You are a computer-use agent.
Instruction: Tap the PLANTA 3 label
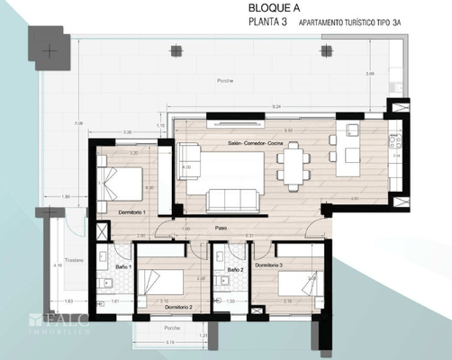[x=268, y=22]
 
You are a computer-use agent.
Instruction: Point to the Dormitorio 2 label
[x=178, y=307]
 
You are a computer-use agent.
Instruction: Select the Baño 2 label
[x=236, y=269]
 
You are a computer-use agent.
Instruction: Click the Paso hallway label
[x=221, y=229]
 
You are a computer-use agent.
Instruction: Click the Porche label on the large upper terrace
[x=225, y=82]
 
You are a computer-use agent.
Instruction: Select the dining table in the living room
[x=292, y=166]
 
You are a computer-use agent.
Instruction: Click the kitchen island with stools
[x=347, y=155]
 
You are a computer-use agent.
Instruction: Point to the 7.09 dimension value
[x=79, y=123]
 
